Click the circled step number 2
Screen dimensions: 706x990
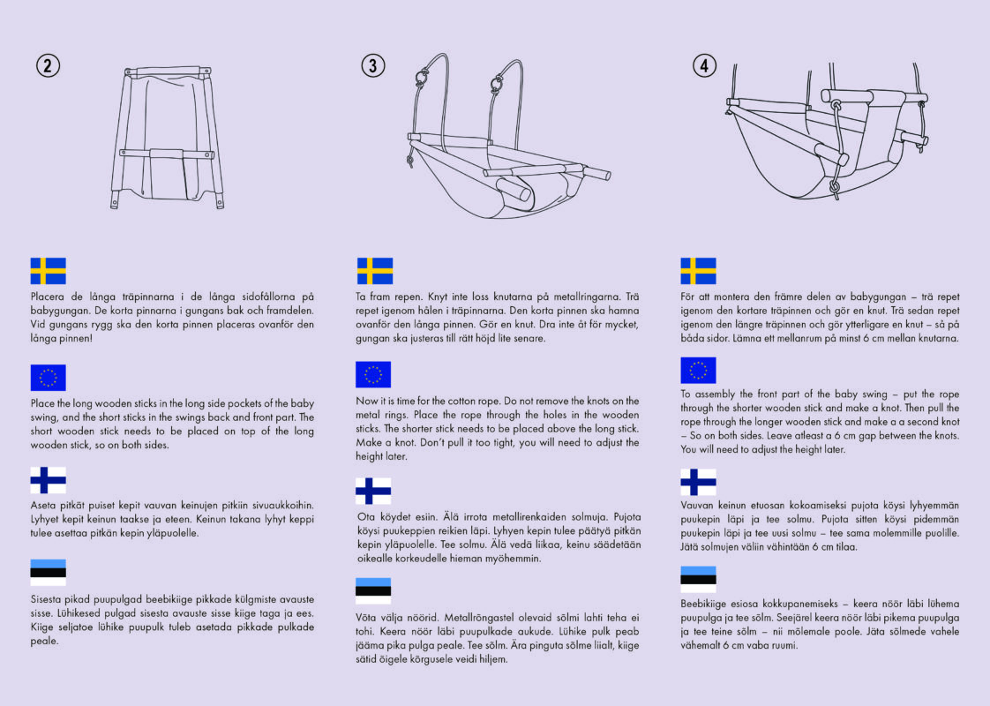pos(49,65)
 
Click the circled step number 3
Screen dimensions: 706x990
pos(373,65)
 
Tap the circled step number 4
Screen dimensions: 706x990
pos(704,65)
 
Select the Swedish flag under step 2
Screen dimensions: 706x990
pos(49,270)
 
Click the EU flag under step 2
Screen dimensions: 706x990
pos(49,377)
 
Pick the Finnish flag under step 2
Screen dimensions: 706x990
pos(49,480)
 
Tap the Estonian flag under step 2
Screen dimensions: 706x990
pos(49,572)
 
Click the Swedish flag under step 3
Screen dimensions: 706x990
pos(374,270)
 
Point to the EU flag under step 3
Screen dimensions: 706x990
pos(372,374)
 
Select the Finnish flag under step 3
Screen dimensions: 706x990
pos(372,491)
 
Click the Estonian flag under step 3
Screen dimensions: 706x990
pos(372,590)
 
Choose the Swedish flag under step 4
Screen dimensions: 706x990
pos(698,270)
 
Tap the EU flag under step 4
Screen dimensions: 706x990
pos(698,370)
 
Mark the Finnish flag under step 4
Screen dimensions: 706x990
pos(698,481)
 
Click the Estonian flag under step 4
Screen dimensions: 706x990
pos(698,576)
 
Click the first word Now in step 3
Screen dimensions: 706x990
pos(366,401)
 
